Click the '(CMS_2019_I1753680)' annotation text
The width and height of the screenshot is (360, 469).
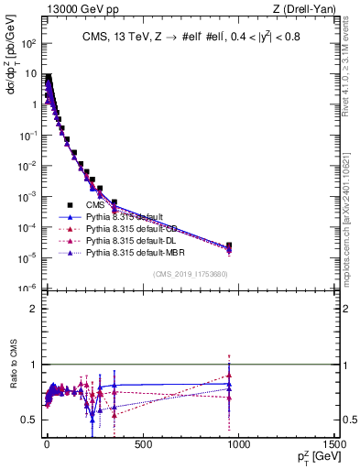click(190, 274)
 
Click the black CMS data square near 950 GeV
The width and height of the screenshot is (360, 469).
click(229, 245)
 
